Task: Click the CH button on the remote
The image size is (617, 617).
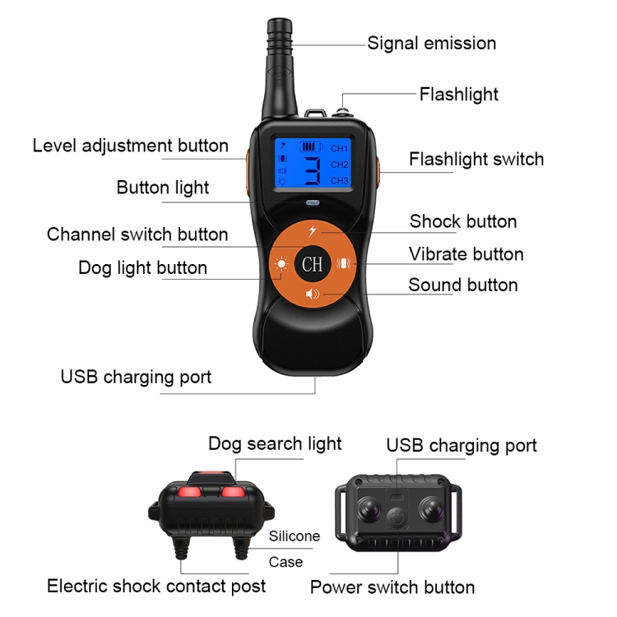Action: [312, 264]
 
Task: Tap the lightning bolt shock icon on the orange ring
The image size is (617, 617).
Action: [313, 231]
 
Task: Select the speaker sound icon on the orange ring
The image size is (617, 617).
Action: [313, 295]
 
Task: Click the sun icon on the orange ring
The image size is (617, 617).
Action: [281, 265]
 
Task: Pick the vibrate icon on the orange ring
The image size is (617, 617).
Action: [344, 265]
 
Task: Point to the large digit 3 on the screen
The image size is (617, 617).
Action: [313, 170]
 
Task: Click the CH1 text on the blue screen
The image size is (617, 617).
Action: [339, 149]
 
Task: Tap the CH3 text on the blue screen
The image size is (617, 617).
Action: [339, 180]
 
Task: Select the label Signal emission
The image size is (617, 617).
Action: [431, 44]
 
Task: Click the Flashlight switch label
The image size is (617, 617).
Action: [476, 159]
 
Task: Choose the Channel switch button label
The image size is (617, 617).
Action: [137, 234]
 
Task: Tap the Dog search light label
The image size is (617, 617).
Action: [275, 444]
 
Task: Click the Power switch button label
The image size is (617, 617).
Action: [392, 587]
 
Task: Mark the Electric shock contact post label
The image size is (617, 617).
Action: [156, 587]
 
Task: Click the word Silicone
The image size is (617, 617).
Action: [295, 536]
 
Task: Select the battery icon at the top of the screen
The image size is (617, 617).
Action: [309, 146]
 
